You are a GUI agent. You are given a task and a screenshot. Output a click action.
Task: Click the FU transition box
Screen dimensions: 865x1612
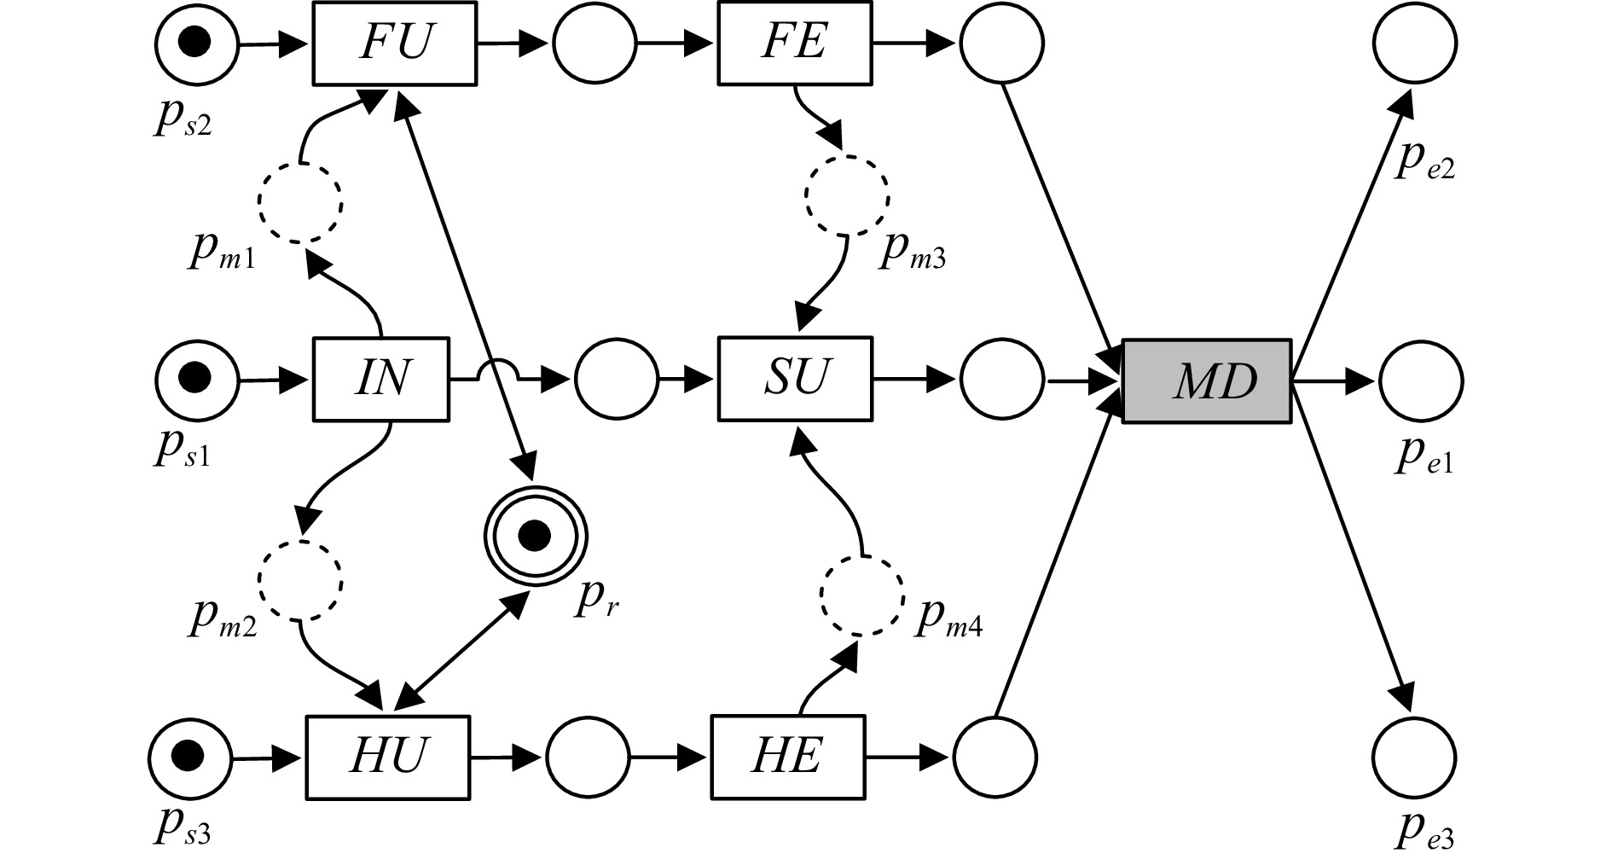(394, 43)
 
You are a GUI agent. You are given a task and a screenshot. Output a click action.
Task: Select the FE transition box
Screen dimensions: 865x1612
(794, 43)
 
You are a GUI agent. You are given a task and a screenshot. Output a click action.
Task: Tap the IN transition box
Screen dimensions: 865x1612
(380, 380)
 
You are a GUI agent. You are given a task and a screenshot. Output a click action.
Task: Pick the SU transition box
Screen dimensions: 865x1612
(796, 380)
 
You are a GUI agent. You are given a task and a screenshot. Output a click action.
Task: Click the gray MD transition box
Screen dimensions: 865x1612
(1206, 381)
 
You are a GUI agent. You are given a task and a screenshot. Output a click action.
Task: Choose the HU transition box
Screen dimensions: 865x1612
(387, 757)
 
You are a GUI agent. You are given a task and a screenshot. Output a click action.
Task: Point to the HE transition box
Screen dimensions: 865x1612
(786, 757)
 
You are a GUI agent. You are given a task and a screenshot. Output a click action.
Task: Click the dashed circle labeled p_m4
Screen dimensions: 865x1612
(862, 595)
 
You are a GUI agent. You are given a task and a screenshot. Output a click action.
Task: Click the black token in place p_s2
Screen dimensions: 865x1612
(197, 42)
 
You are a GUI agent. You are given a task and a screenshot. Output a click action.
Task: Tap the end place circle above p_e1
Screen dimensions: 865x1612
(1418, 381)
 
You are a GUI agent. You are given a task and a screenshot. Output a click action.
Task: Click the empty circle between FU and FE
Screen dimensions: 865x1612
(594, 43)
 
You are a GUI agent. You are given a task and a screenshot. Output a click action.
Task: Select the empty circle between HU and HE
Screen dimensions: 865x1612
(588, 757)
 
